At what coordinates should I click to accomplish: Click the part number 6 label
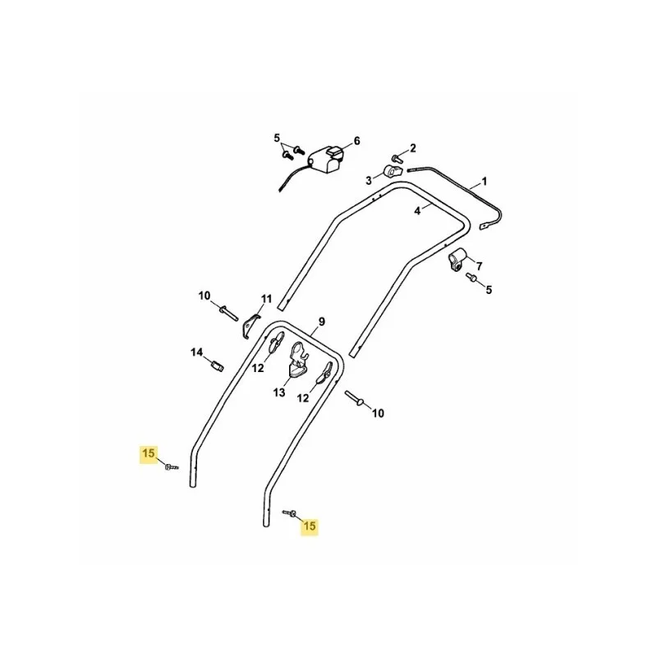point(356,140)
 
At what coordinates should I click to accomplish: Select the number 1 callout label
point(485,181)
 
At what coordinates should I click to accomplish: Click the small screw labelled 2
point(397,159)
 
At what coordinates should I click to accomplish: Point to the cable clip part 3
point(393,172)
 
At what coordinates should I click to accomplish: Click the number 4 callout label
point(417,211)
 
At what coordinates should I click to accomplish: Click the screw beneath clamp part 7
point(471,277)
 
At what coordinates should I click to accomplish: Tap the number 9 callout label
point(321,322)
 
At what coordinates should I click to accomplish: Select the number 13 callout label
point(279,393)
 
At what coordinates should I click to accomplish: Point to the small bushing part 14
point(217,365)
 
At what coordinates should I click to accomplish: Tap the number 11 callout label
point(266,299)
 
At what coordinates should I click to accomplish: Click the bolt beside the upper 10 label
point(228,313)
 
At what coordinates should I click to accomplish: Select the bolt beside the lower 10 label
point(355,398)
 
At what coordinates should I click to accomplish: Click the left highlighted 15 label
point(149,453)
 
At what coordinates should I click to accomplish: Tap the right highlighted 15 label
point(310,526)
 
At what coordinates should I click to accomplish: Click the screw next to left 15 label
point(171,466)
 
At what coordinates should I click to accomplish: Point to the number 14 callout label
point(197,352)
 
